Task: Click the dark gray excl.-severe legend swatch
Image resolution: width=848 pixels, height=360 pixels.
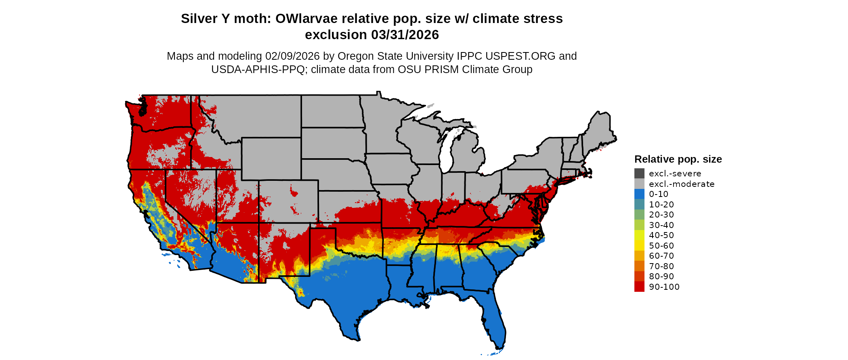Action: [639, 174]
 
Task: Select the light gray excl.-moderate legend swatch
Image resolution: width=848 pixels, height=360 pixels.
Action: [639, 184]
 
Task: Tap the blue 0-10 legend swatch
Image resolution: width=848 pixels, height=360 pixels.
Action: [639, 194]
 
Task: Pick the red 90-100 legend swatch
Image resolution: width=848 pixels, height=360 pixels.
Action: [639, 287]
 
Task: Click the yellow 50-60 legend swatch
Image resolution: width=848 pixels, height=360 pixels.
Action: [639, 246]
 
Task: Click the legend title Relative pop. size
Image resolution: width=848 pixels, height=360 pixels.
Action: [678, 159]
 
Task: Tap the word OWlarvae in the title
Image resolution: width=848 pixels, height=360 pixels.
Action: [306, 19]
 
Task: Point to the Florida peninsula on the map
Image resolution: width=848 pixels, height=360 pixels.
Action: [495, 323]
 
